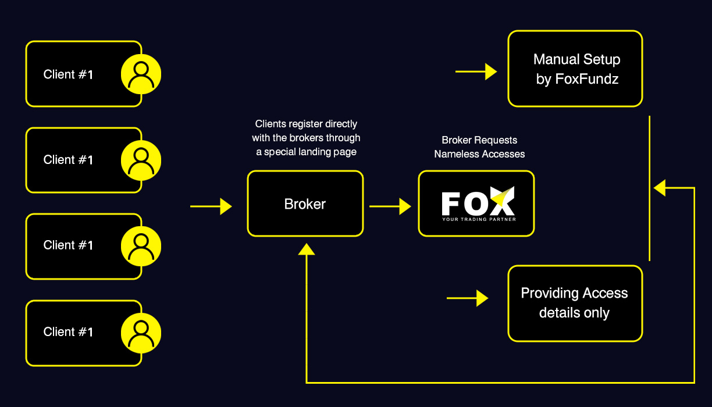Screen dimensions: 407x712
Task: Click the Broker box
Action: tap(305, 203)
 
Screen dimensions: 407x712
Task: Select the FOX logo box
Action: tap(476, 203)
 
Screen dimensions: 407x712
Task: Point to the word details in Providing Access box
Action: tap(558, 313)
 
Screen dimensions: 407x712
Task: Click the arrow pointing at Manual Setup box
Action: tap(476, 72)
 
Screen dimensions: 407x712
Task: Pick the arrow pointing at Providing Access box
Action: tap(467, 298)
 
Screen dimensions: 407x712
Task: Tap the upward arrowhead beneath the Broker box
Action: tap(307, 248)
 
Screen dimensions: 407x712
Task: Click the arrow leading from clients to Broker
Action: tap(211, 206)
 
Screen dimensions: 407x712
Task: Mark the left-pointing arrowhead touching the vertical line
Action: tap(660, 188)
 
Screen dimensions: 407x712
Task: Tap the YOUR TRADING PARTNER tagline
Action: tap(479, 219)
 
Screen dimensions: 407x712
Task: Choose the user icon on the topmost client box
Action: tap(141, 74)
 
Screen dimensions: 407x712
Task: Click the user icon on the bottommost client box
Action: tap(141, 332)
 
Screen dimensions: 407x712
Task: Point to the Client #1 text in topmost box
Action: tap(68, 74)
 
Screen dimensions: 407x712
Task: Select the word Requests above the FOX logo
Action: tap(496, 140)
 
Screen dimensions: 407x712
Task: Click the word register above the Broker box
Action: tap(305, 124)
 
